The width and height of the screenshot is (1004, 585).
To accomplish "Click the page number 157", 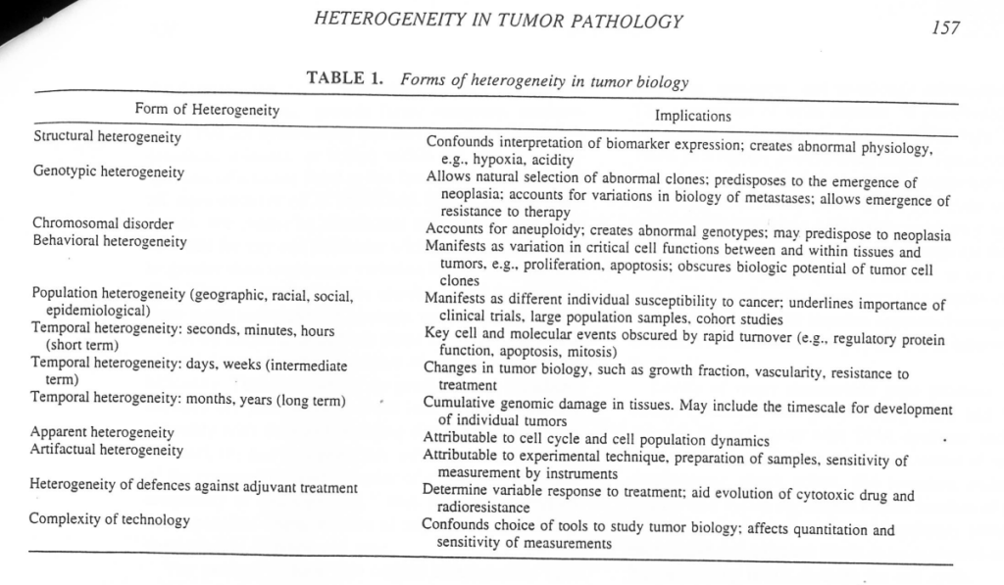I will click(x=945, y=27).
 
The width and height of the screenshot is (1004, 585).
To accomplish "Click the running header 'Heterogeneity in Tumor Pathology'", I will click(x=500, y=22).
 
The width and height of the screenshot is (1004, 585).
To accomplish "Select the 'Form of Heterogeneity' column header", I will click(x=207, y=110).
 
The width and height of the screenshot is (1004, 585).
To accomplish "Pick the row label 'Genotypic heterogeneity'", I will click(x=108, y=172).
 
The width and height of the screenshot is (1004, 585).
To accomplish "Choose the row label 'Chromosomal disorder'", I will click(x=103, y=223).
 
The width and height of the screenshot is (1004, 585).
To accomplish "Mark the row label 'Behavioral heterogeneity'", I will click(x=109, y=241).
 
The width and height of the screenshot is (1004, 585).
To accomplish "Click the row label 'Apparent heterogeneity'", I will click(x=102, y=432).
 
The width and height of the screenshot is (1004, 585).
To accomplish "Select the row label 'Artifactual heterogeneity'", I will click(x=106, y=451).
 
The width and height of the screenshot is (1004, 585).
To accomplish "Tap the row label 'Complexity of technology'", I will click(x=109, y=520).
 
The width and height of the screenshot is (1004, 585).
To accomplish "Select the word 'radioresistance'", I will click(x=483, y=508).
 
